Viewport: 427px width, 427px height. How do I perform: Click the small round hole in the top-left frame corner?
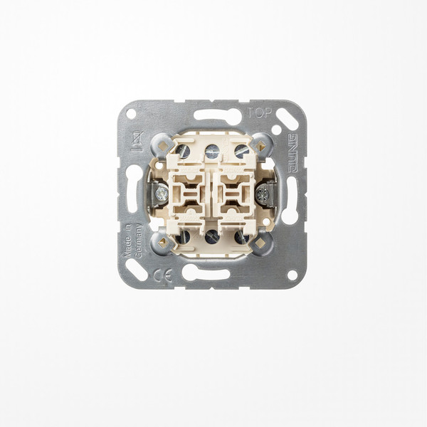point(130,114)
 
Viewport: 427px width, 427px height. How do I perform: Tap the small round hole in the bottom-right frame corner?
point(292,274)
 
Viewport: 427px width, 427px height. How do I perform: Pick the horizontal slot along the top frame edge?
point(216,115)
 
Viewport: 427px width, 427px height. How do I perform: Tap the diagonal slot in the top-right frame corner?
point(286,118)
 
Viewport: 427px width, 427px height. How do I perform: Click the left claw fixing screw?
point(160,192)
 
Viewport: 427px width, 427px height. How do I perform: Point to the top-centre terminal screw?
point(212,151)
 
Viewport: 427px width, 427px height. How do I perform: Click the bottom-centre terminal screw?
point(212,236)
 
